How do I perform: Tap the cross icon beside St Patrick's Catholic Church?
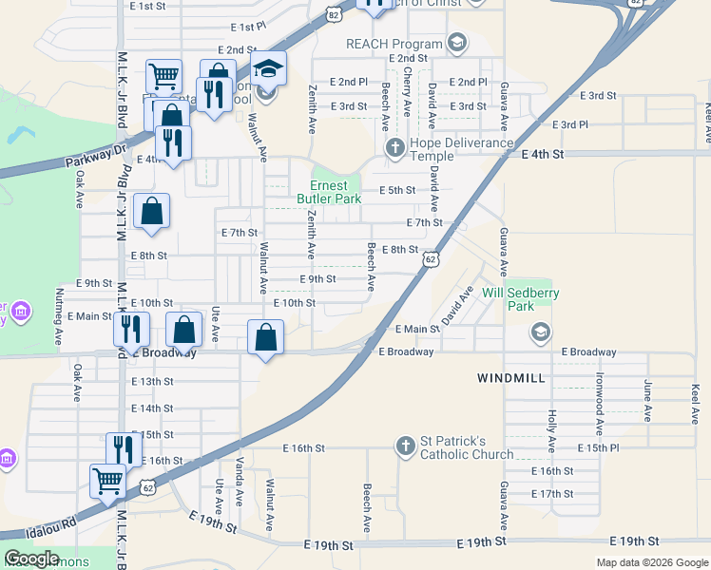click(406, 446)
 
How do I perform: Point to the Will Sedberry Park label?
click(520, 300)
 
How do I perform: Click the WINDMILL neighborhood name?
click(510, 378)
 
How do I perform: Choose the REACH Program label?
click(394, 44)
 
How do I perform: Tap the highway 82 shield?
click(332, 14)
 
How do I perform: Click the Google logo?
click(31, 559)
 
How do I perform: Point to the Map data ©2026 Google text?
click(652, 562)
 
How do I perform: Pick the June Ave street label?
click(648, 401)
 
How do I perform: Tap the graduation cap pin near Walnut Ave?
click(269, 68)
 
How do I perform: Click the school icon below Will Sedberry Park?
click(541, 332)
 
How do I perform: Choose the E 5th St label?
click(397, 190)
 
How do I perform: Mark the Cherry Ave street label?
click(408, 86)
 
